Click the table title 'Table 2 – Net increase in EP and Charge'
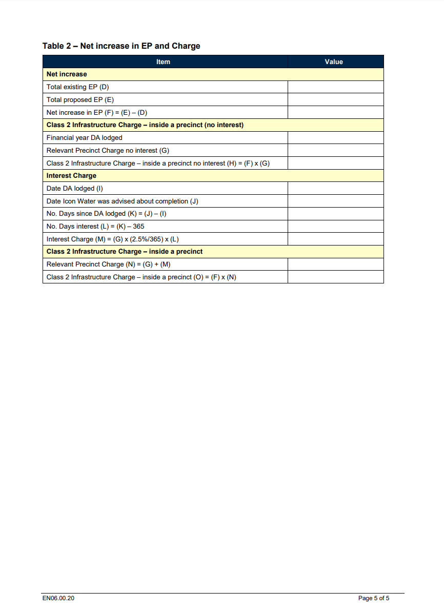pyautogui.click(x=121, y=46)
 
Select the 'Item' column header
pyautogui.click(x=163, y=62)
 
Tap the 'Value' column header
pyautogui.click(x=334, y=62)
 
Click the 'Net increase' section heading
pyautogui.click(x=67, y=74)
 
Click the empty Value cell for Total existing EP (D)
pyautogui.click(x=335, y=87)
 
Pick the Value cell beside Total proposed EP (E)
pyautogui.click(x=335, y=100)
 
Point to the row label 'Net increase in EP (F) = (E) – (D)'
pyautogui.click(x=97, y=113)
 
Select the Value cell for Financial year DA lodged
pyautogui.click(x=335, y=138)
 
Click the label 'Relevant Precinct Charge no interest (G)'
pyautogui.click(x=108, y=151)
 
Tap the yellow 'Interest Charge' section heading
pyautogui.click(x=71, y=176)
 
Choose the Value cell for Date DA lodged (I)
pyautogui.click(x=335, y=189)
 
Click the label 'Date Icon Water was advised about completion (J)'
pyautogui.click(x=122, y=201)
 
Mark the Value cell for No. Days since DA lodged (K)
pyautogui.click(x=335, y=214)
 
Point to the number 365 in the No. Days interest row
pyautogui.click(x=138, y=227)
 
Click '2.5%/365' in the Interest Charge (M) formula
pyautogui.click(x=148, y=239)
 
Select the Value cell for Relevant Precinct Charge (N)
pyautogui.click(x=335, y=264)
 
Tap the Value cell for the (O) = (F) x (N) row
pyautogui.click(x=335, y=277)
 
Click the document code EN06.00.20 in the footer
pyautogui.click(x=58, y=598)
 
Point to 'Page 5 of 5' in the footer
pyautogui.click(x=374, y=598)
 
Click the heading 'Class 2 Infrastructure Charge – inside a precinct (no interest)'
pyautogui.click(x=145, y=125)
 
